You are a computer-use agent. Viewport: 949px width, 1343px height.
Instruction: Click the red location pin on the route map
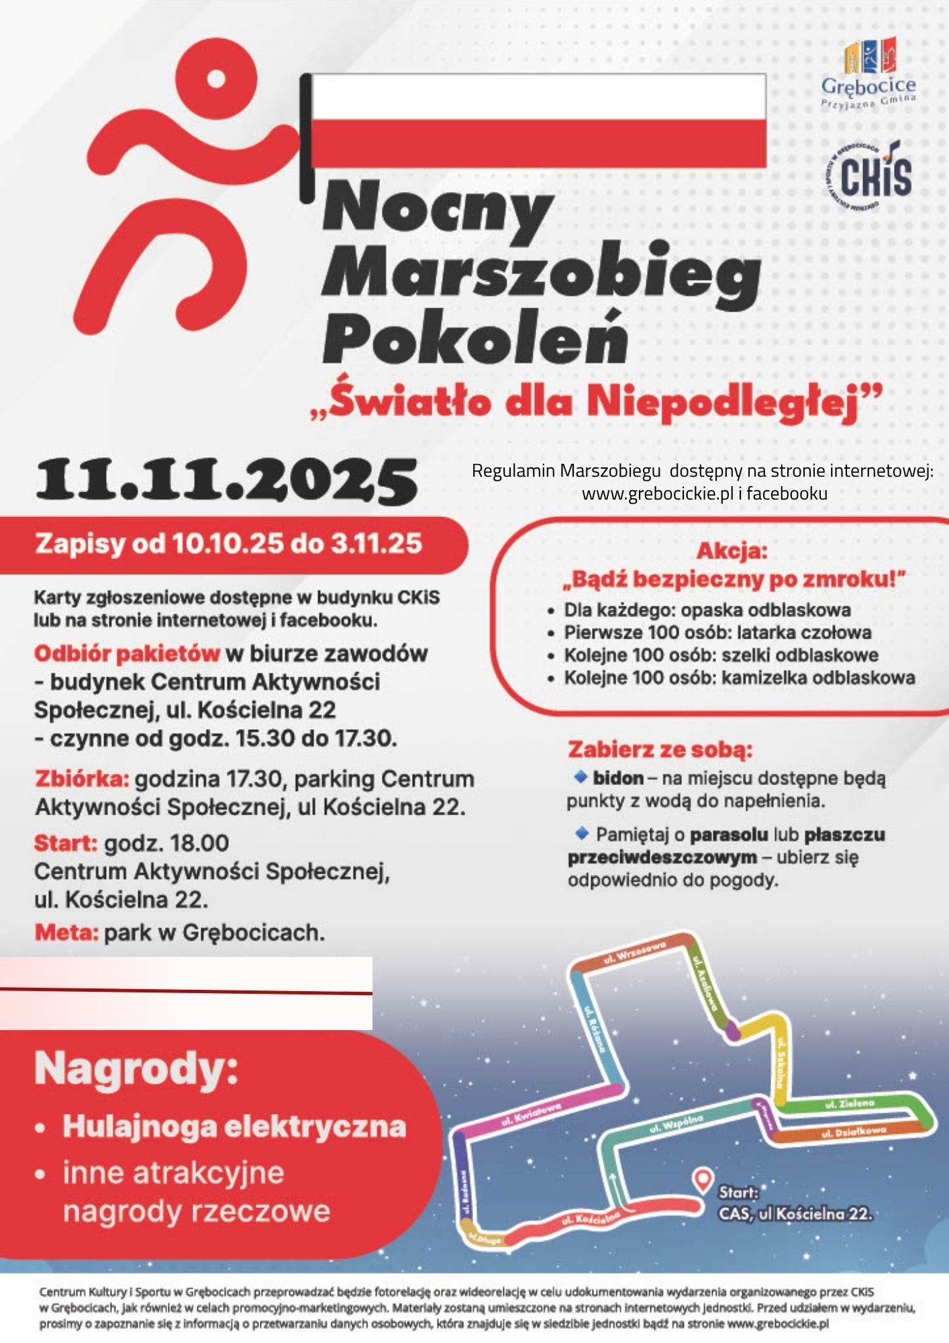tap(702, 1178)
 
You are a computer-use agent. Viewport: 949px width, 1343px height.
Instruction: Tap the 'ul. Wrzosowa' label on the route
tap(634, 952)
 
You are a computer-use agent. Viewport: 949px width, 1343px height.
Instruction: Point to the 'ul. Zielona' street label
tap(849, 1103)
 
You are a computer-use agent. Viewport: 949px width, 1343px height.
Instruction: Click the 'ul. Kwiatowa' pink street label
tap(531, 1115)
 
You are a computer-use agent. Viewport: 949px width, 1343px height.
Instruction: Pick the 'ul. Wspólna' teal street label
tap(676, 1123)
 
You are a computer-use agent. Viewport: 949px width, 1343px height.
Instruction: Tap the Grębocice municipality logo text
tap(868, 86)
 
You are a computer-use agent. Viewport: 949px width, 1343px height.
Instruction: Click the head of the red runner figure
tap(215, 78)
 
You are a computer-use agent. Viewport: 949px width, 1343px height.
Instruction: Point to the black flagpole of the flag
tap(306, 138)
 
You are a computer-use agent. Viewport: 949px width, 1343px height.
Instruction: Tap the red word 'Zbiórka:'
tap(81, 779)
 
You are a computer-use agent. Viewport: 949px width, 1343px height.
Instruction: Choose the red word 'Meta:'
tap(66, 932)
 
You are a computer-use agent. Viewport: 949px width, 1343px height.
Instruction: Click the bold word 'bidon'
tap(617, 778)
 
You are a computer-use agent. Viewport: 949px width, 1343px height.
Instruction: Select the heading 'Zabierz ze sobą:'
tap(660, 749)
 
